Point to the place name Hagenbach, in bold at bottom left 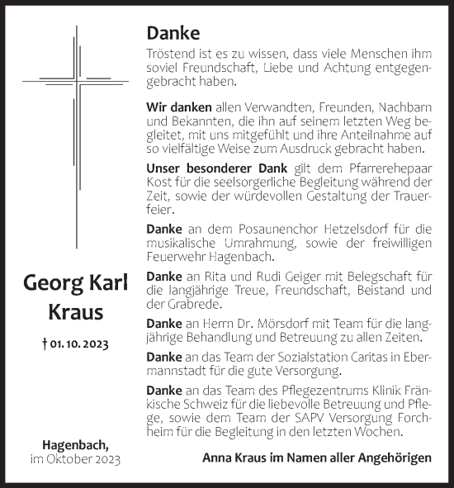[x=76, y=443]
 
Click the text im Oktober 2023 [x=76, y=459]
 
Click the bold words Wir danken [x=168, y=107]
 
